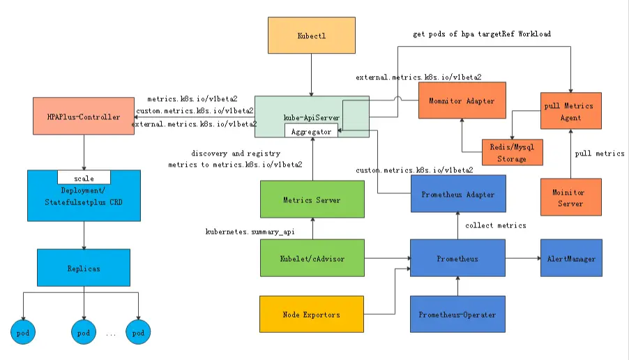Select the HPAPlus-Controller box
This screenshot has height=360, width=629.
click(83, 116)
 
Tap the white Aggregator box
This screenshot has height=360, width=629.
click(311, 131)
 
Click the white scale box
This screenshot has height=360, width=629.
click(84, 177)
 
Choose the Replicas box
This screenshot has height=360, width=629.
click(84, 267)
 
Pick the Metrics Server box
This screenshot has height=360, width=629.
click(312, 200)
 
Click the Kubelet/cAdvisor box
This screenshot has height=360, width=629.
click(312, 259)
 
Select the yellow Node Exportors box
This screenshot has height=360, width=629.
click(312, 315)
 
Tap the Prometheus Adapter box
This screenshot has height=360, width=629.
click(457, 195)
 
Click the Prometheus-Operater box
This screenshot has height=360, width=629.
click(457, 315)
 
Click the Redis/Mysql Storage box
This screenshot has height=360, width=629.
click(512, 152)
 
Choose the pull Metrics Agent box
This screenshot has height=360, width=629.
click(571, 111)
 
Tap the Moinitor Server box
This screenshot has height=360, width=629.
click(571, 197)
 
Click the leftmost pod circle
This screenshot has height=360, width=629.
click(22, 333)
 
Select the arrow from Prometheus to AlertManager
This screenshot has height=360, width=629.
click(522, 259)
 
